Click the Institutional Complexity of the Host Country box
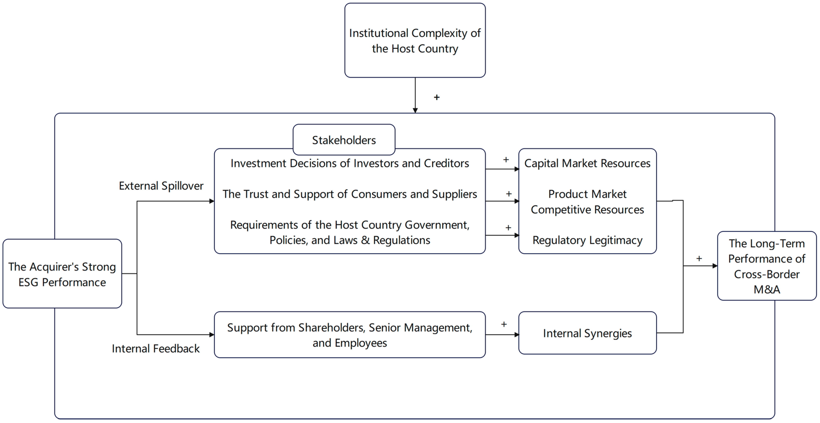(415, 40)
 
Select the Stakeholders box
(344, 140)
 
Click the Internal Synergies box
(587, 333)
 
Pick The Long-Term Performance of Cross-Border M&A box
(767, 266)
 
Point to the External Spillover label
(161, 186)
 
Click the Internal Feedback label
(156, 349)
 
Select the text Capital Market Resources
(587, 163)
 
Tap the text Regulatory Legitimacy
(587, 240)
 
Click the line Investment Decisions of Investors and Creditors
(350, 163)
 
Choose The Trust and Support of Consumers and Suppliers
(350, 194)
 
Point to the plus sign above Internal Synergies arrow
(504, 324)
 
